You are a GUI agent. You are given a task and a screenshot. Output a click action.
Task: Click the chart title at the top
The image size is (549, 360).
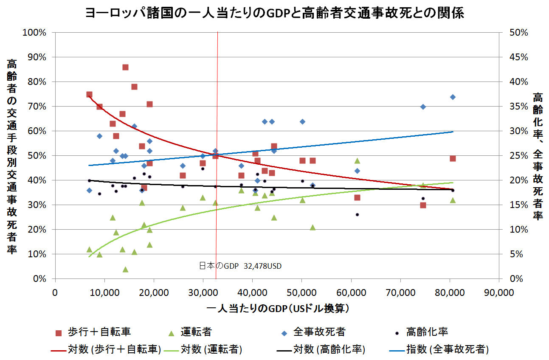pyautogui.click(x=274, y=14)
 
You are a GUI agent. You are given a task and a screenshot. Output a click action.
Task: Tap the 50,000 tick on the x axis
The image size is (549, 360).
pyautogui.click(x=301, y=292)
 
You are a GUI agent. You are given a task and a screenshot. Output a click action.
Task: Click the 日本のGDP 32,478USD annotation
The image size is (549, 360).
pyautogui.click(x=240, y=266)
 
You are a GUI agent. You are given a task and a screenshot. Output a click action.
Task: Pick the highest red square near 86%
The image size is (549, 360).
pyautogui.click(x=125, y=67)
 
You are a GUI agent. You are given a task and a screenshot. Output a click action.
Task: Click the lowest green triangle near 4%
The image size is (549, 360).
pyautogui.click(x=125, y=269)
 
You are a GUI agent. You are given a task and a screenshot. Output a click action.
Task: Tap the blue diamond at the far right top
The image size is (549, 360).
pyautogui.click(x=453, y=97)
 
